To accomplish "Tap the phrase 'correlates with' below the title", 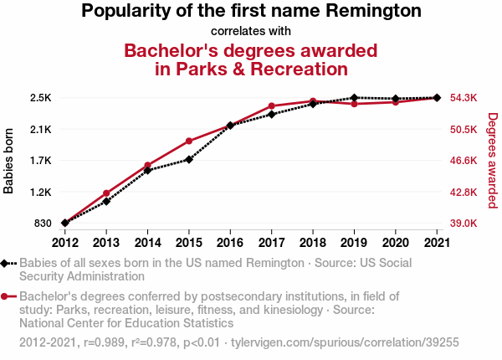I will [251, 31].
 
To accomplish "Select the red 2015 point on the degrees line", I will [189, 141].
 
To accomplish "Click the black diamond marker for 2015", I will [189, 159].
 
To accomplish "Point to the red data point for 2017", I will [271, 106].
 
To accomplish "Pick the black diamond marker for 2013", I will [106, 202].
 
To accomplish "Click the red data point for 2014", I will [148, 165].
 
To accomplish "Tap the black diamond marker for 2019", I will [354, 98].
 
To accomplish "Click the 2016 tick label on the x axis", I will [230, 243].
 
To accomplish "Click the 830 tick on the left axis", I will [44, 224].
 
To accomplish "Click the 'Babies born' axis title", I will [9, 161].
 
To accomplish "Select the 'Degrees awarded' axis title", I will [492, 161].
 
